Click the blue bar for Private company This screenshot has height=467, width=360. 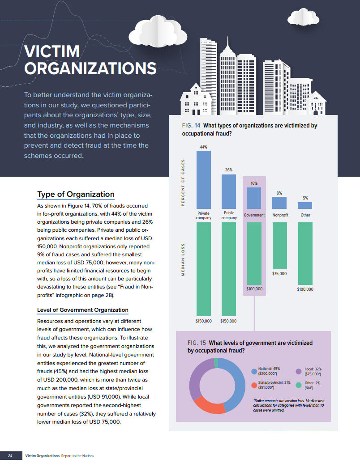(x=204, y=179)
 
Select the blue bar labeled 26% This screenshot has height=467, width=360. (x=229, y=191)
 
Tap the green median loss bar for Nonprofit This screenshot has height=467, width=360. (x=279, y=245)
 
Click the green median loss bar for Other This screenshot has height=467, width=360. (x=305, y=253)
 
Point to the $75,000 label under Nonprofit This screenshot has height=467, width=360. (x=279, y=273)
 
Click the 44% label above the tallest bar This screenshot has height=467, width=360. (x=204, y=147)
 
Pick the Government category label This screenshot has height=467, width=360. (x=254, y=215)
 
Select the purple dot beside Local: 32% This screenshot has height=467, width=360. (x=299, y=371)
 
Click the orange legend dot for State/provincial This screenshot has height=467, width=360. (x=254, y=385)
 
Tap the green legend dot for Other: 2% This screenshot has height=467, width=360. (x=299, y=385)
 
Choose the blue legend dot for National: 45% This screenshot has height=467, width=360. (x=254, y=371)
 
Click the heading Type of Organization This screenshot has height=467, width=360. (x=76, y=194)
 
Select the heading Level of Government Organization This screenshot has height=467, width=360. (x=83, y=310)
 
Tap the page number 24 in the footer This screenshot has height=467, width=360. (x=10, y=456)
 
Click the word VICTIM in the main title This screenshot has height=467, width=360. (x=51, y=52)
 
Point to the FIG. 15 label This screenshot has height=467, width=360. (x=196, y=343)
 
